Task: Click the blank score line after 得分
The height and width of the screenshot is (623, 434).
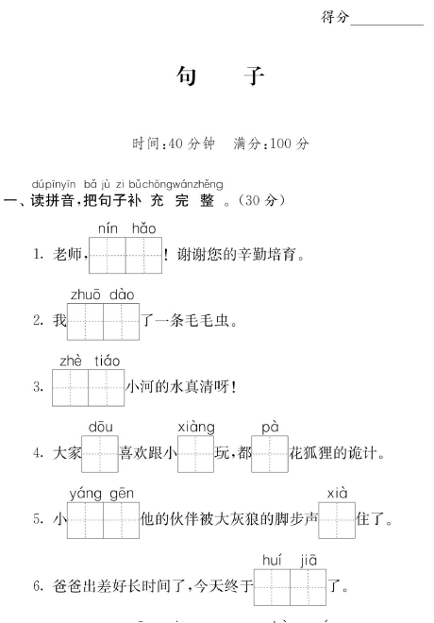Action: (387, 25)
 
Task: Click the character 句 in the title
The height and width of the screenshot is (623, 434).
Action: (186, 76)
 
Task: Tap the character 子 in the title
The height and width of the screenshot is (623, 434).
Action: (255, 76)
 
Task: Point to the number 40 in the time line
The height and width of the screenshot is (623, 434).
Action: (175, 143)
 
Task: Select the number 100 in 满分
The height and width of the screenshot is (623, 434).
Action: (280, 143)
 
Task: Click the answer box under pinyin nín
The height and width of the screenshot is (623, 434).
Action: (108, 255)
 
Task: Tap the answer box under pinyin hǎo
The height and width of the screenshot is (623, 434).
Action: (143, 255)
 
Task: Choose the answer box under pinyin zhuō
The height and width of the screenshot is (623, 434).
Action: (85, 322)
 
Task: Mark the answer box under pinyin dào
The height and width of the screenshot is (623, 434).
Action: (121, 322)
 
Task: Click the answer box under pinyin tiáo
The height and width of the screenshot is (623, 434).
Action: (106, 387)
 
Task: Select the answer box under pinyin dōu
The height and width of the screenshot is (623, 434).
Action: (100, 454)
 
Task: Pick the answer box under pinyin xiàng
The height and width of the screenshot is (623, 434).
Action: (195, 454)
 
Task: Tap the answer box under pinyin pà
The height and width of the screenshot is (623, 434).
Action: (270, 454)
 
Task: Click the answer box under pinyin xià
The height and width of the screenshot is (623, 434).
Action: (337, 520)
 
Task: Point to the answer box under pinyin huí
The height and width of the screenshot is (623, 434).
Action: (272, 587)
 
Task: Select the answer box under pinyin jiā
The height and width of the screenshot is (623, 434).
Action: (309, 587)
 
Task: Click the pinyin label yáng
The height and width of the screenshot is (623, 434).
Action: (85, 494)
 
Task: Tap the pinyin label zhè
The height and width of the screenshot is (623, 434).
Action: (71, 362)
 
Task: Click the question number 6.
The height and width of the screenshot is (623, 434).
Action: (38, 586)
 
